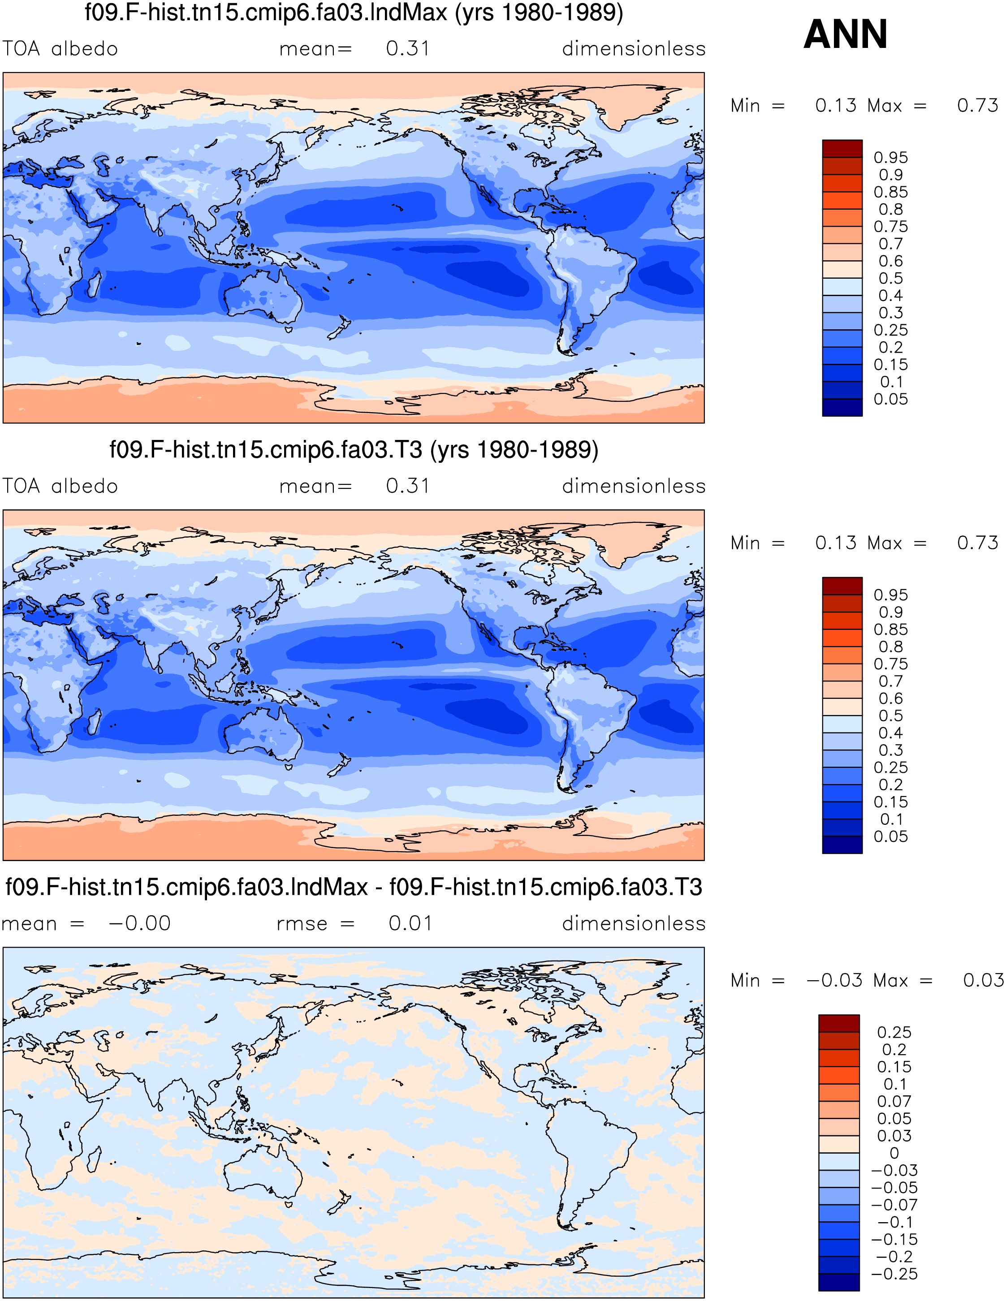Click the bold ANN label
click(845, 34)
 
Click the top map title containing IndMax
click(354, 12)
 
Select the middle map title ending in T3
click(354, 449)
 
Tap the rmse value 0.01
click(410, 923)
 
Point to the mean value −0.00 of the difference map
click(139, 923)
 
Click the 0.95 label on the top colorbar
click(890, 157)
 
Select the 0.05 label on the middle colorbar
click(890, 836)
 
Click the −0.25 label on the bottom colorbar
click(894, 1274)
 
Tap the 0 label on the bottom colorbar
click(894, 1153)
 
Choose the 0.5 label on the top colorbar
click(890, 278)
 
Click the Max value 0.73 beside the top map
click(977, 105)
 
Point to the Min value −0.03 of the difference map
click(834, 980)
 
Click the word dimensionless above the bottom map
click(634, 923)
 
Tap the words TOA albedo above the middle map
click(60, 486)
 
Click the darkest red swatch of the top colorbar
click(842, 148)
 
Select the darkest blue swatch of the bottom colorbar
click(838, 1282)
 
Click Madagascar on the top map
click(94, 284)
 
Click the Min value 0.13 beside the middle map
click(836, 543)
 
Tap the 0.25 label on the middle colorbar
click(890, 767)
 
